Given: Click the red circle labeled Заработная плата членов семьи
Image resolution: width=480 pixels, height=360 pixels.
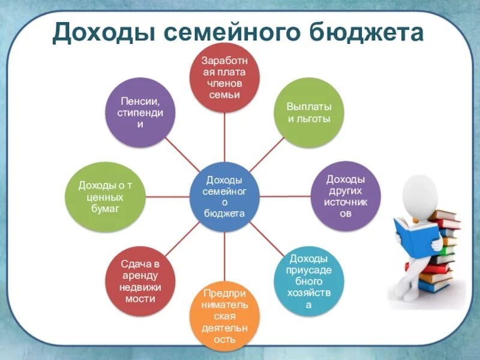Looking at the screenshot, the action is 224,77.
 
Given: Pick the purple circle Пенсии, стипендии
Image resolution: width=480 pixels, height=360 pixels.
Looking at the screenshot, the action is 140,112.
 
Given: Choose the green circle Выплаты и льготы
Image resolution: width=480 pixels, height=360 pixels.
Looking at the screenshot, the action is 309,112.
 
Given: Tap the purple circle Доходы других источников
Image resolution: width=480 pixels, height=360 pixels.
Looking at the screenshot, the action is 346,196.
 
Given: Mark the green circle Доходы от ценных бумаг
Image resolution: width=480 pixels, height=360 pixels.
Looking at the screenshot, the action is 105,196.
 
